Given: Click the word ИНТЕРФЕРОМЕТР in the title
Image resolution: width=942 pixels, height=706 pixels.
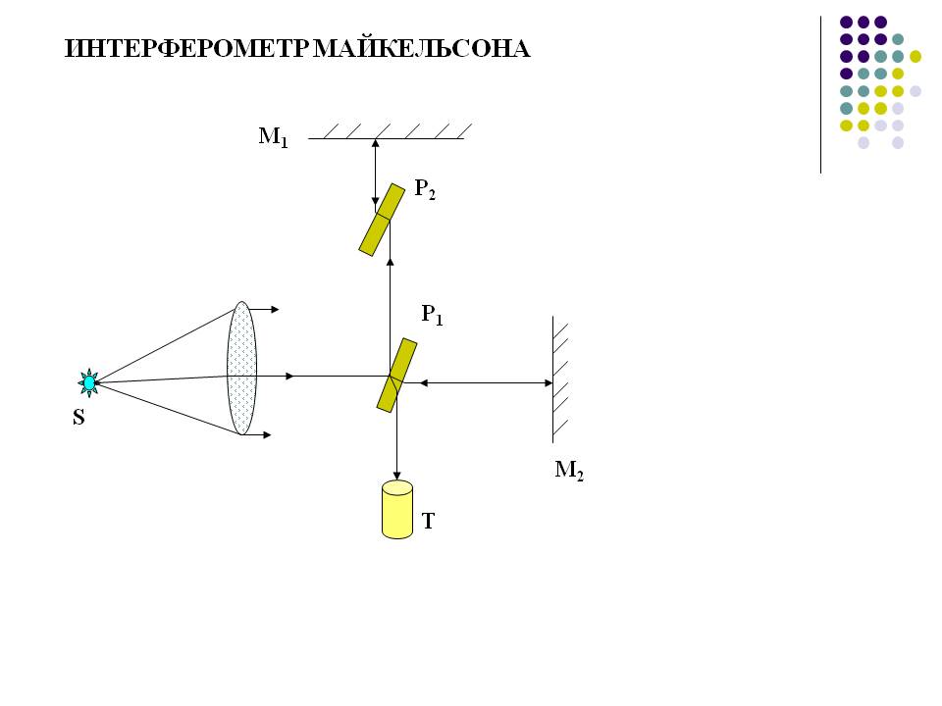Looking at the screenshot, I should pos(187,49).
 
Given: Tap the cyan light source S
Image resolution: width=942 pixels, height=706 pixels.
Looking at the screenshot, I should pos(89,381).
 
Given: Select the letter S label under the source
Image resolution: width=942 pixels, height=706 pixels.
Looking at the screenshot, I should pos(78,418).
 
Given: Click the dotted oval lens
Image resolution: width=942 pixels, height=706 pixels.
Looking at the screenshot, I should pos(241,368).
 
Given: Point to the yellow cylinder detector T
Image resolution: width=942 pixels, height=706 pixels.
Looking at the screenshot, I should pos(397,509).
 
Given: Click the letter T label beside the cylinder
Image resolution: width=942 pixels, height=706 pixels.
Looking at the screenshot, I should pos(428,522).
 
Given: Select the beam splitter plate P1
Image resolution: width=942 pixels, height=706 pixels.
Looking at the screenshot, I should pos(396,375).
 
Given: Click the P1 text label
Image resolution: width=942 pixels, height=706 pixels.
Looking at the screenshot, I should pos(433,315).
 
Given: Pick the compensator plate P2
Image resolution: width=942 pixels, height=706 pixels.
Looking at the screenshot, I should pos(382,220).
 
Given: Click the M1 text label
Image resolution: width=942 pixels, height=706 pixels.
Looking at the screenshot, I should pos(274,137).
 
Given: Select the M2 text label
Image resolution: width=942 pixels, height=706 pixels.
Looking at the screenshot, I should pos(569,471).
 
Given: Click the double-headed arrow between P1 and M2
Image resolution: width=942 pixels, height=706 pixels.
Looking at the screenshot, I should pos(480,382).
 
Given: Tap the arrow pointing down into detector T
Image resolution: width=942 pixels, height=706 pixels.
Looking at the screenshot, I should pos(396,446).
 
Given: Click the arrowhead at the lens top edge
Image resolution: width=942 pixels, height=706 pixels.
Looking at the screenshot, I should pos(275,309).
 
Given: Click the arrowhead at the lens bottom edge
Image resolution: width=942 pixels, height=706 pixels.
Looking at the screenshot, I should pos(266,434).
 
